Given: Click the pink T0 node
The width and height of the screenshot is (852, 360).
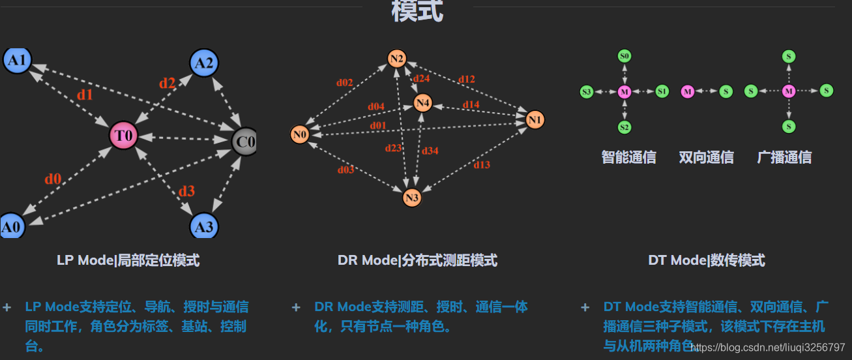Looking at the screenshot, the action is coord(124,136).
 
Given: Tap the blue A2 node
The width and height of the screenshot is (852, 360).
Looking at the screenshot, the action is coord(204,63).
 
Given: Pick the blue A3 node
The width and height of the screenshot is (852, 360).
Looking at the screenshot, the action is coord(204,227).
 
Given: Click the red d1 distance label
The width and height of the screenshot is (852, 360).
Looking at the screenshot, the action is coord(85,95).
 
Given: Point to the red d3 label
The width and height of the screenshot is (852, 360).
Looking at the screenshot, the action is coord(186,191).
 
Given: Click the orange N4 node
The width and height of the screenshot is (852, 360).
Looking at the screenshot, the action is coord(423,103).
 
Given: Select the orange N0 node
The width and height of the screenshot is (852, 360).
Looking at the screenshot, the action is coord(300,135).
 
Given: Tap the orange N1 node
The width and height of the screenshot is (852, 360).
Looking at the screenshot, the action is coord(535,120).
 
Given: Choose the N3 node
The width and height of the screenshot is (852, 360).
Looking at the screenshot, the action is coord(412,198).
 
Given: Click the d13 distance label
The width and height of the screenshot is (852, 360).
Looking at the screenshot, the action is coord(482,165).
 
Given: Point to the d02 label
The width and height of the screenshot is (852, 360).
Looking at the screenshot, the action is coord(344,83).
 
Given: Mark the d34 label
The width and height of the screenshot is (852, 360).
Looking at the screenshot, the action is coord(430,151).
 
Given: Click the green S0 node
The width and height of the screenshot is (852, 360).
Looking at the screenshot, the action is coord(624,57).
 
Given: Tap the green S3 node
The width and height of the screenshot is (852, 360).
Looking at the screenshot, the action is coord(587,92).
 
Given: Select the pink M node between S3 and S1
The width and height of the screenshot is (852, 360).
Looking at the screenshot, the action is coord(624,92).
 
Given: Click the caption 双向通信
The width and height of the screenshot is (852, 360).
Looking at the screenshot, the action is coord(706,157).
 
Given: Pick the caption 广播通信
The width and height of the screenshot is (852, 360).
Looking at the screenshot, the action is coord(784,157).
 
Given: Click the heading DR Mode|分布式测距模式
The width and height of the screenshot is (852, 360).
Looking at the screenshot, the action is coord(417,261).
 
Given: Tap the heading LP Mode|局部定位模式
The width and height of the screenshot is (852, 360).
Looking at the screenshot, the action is coord(128,261).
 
